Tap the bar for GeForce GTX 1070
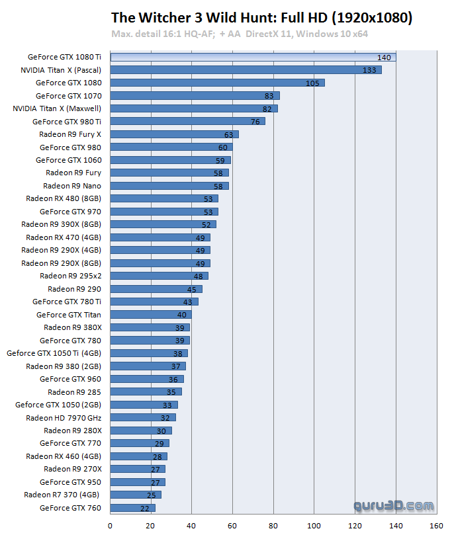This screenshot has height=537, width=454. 195,95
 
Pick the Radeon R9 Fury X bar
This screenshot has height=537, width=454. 174,134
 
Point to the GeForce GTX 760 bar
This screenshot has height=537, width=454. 132,508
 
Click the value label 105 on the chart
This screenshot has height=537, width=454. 312,83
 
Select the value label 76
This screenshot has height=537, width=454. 255,122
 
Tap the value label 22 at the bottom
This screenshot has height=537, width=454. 145,508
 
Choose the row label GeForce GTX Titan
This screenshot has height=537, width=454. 69,315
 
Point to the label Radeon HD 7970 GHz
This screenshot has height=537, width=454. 64,418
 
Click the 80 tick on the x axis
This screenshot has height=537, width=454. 273,527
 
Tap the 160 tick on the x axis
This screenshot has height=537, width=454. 436,527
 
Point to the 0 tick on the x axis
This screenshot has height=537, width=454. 111,527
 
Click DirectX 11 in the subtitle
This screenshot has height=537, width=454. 270,33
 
